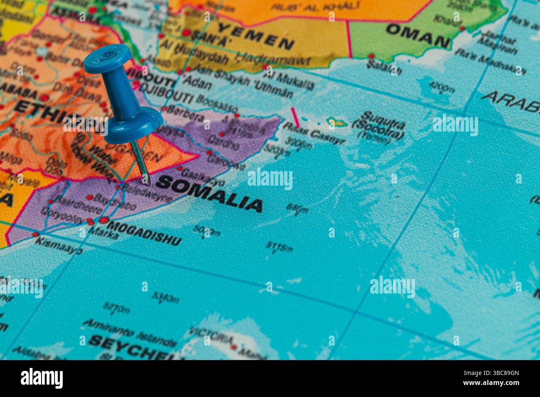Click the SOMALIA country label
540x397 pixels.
pos(209,194)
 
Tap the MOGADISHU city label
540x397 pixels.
pos(144,233)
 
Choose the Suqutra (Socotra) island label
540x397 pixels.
pos(378,125)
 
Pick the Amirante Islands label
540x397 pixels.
pos(129,333)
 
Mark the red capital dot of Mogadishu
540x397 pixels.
pos(103,220)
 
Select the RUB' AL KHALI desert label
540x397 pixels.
pos(316,6)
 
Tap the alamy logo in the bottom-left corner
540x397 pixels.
pos(42,378)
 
